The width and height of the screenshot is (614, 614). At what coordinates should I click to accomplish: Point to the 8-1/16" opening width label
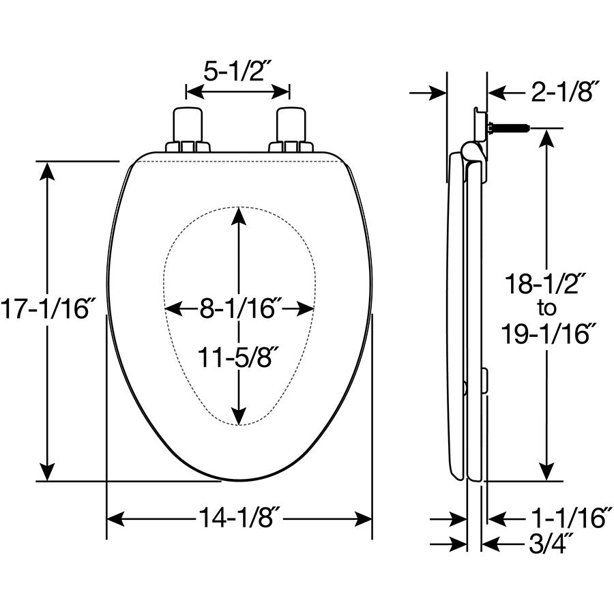click(x=239, y=308)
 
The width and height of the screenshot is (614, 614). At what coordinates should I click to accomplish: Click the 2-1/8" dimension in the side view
click(x=564, y=91)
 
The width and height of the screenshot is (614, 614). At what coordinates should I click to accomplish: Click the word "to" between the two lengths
click(x=546, y=308)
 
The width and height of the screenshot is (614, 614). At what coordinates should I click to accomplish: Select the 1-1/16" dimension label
click(x=570, y=517)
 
